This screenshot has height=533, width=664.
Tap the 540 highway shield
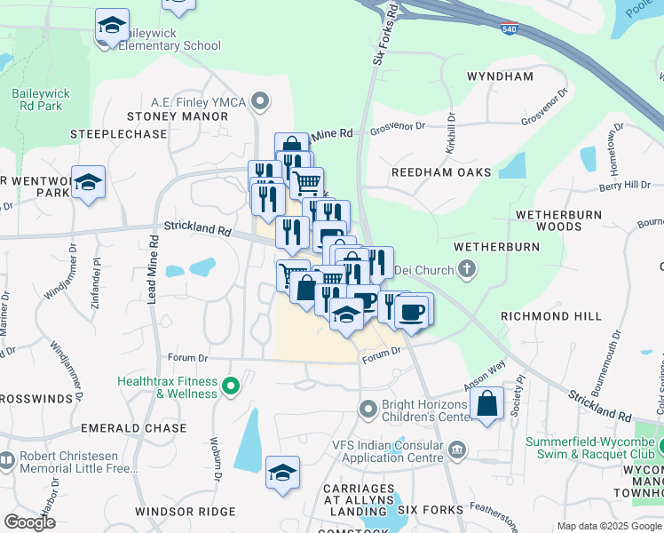click(509, 29)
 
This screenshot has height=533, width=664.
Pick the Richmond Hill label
click(550, 316)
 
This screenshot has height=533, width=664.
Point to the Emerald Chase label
click(133, 428)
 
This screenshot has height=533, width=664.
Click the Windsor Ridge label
click(185, 512)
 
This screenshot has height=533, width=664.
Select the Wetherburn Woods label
click(559, 221)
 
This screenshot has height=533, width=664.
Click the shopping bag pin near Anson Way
click(487, 405)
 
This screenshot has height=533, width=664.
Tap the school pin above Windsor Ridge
click(282, 473)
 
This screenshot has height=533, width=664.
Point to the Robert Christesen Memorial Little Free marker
click(6, 459)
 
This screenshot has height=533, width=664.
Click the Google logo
click(30, 522)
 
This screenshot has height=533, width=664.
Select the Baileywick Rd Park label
click(37, 99)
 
